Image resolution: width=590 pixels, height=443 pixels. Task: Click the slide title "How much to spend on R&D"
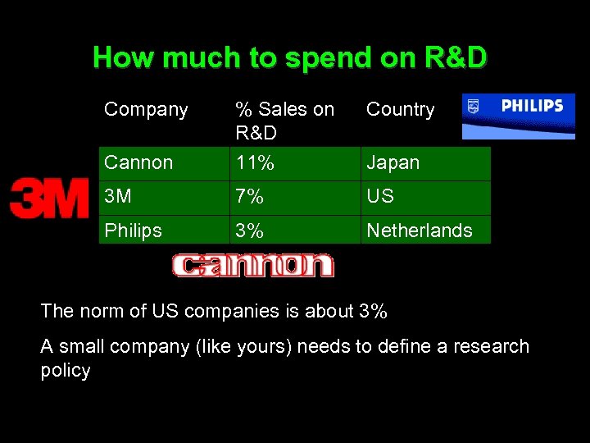[x=290, y=57]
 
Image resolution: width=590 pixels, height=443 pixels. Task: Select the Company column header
[x=146, y=109]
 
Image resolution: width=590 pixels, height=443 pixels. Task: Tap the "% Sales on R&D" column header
[x=284, y=121]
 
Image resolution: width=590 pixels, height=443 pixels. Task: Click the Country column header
[x=400, y=109]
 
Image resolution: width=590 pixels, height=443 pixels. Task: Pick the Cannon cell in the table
[x=138, y=162]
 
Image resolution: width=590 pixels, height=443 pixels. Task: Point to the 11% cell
[x=254, y=162]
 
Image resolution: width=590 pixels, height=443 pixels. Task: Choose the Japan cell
[x=393, y=162]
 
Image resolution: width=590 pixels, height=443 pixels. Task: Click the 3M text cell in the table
[x=118, y=197]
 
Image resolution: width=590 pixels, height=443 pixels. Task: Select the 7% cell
[x=249, y=197]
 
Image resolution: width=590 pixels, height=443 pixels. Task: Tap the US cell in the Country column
[x=380, y=197]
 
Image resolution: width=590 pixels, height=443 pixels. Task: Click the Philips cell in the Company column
[x=133, y=231]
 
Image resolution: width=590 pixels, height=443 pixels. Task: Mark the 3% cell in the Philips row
[x=249, y=231]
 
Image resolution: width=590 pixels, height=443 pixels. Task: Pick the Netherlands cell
[x=420, y=231]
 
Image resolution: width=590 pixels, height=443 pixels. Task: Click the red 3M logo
[x=49, y=199]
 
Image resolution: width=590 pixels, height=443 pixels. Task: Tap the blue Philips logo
[x=518, y=116]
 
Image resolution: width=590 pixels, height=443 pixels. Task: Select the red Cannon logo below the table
[x=252, y=265]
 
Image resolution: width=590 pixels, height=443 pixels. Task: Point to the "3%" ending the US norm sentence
[x=373, y=312]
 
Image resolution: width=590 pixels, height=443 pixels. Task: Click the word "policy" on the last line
[x=66, y=371]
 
